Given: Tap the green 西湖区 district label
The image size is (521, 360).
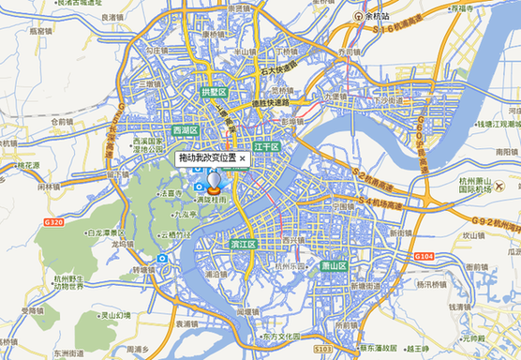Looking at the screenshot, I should pyautogui.click(x=186, y=130).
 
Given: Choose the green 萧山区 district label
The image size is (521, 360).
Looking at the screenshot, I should pyautogui.click(x=333, y=265).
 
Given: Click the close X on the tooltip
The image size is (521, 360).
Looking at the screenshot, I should pyautogui.click(x=242, y=160).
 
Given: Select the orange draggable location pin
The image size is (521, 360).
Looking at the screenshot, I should pyautogui.click(x=215, y=182).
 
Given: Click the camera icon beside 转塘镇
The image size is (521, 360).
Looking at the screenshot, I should pyautogui.click(x=163, y=257).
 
